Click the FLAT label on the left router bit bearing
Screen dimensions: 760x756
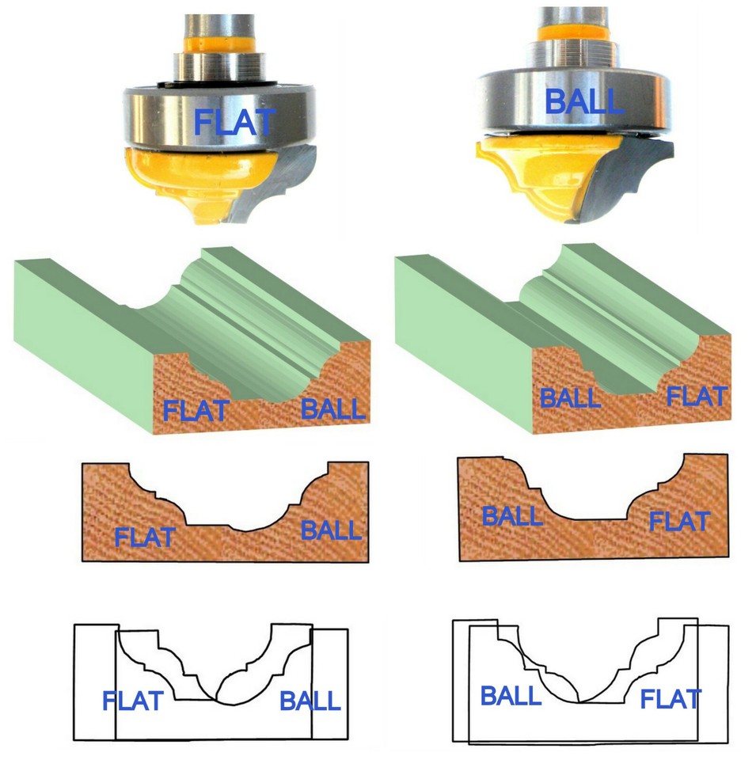coord(234,122)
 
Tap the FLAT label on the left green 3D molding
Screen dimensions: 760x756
coord(196,411)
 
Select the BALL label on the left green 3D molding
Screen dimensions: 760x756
coord(332,408)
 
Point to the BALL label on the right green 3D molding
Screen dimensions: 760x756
coord(570,397)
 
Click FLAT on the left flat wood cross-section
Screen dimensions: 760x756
coord(144,537)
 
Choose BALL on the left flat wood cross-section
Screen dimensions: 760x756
coord(331,530)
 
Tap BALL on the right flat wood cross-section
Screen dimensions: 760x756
coord(512,516)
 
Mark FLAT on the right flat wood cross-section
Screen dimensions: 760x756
coord(679,522)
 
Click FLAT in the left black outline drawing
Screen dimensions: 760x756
coord(133,701)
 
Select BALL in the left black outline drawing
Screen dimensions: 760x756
coord(310,701)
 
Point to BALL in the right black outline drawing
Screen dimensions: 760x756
coord(511,697)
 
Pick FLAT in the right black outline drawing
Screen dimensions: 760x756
coord(671,699)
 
